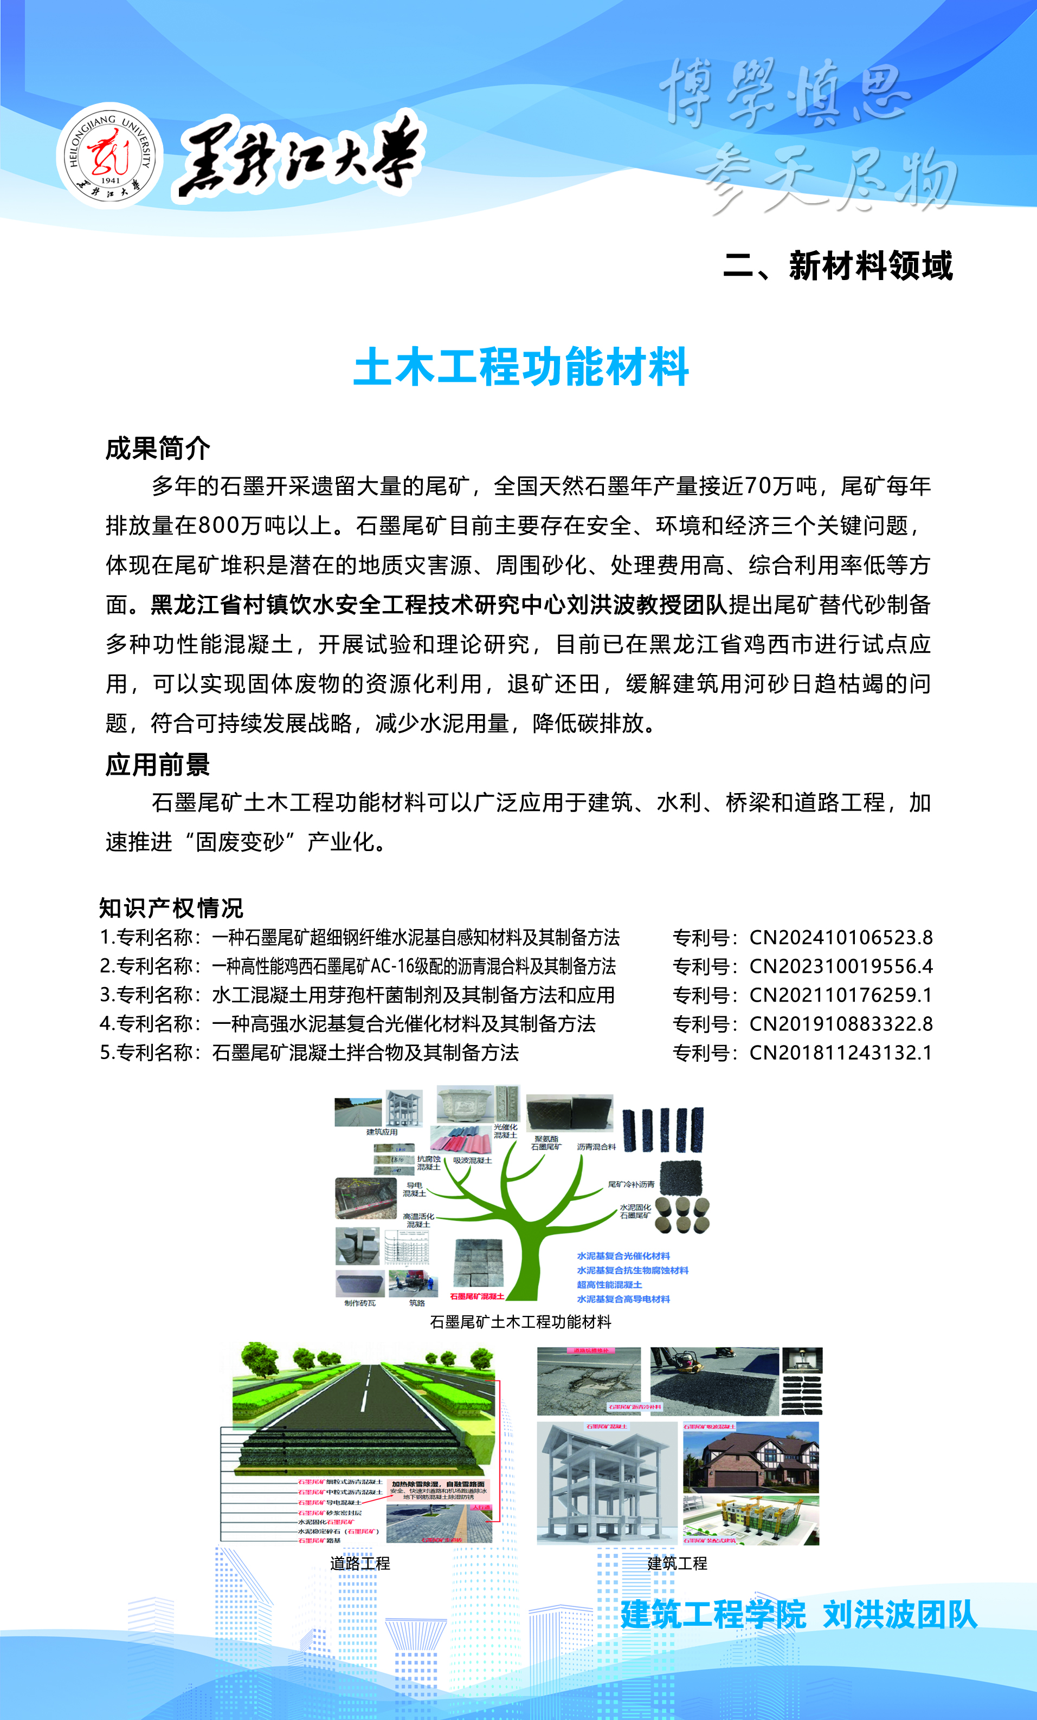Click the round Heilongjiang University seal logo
(110, 155)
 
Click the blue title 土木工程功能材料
(521, 367)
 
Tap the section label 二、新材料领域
(838, 266)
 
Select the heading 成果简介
(157, 448)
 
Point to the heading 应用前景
(157, 765)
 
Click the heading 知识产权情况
(171, 908)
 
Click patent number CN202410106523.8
(841, 938)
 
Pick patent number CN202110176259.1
(841, 995)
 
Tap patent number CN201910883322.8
(841, 1024)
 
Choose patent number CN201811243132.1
(841, 1053)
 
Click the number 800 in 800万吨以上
(218, 525)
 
